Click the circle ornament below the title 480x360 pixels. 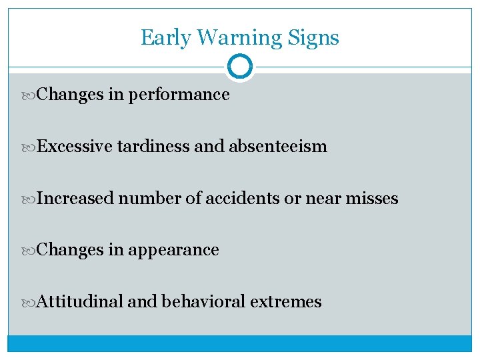coord(240,67)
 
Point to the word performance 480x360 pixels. coord(179,95)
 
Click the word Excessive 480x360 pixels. coord(75,146)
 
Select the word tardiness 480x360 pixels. coord(153,146)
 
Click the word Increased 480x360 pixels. coord(76,198)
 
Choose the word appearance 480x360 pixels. coord(173,250)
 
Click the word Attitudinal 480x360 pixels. coord(81,301)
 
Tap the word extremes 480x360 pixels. coord(286,302)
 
